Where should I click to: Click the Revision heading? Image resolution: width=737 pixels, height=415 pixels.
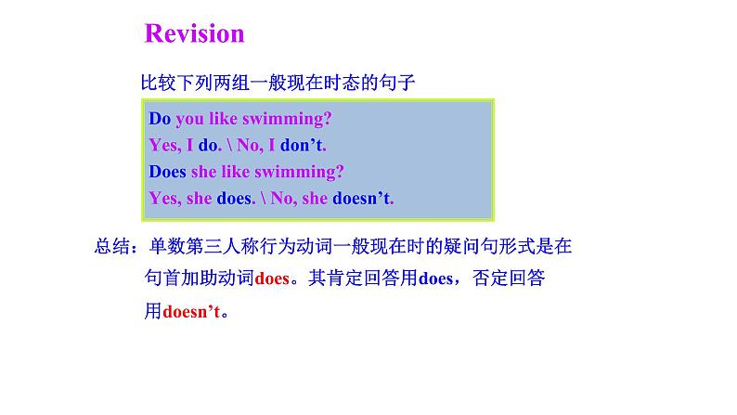pyautogui.click(x=194, y=33)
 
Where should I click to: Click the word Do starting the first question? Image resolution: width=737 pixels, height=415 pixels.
pyautogui.click(x=160, y=119)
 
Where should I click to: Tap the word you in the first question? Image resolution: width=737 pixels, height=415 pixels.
pyautogui.click(x=190, y=120)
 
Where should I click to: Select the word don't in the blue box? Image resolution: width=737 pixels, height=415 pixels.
pyautogui.click(x=303, y=145)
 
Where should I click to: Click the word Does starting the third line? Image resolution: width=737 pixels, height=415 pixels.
pyautogui.click(x=168, y=172)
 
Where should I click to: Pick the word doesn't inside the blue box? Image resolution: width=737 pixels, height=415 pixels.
pyautogui.click(x=362, y=198)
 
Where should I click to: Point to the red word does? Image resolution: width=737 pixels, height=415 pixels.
pyautogui.click(x=272, y=279)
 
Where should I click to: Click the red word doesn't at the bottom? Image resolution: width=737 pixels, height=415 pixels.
pyautogui.click(x=191, y=311)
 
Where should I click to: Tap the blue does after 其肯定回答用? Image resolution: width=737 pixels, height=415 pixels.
pyautogui.click(x=435, y=279)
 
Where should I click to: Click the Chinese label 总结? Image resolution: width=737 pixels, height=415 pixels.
pyautogui.click(x=112, y=246)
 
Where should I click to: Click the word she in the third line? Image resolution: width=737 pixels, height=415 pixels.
pyautogui.click(x=204, y=172)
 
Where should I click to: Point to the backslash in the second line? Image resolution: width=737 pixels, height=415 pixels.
pyautogui.click(x=230, y=145)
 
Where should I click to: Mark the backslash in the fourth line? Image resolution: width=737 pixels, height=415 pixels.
pyautogui.click(x=264, y=198)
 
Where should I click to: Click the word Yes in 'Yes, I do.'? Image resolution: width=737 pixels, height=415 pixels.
pyautogui.click(x=165, y=145)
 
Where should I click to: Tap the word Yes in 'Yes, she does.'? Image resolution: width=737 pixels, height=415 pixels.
pyautogui.click(x=165, y=199)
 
